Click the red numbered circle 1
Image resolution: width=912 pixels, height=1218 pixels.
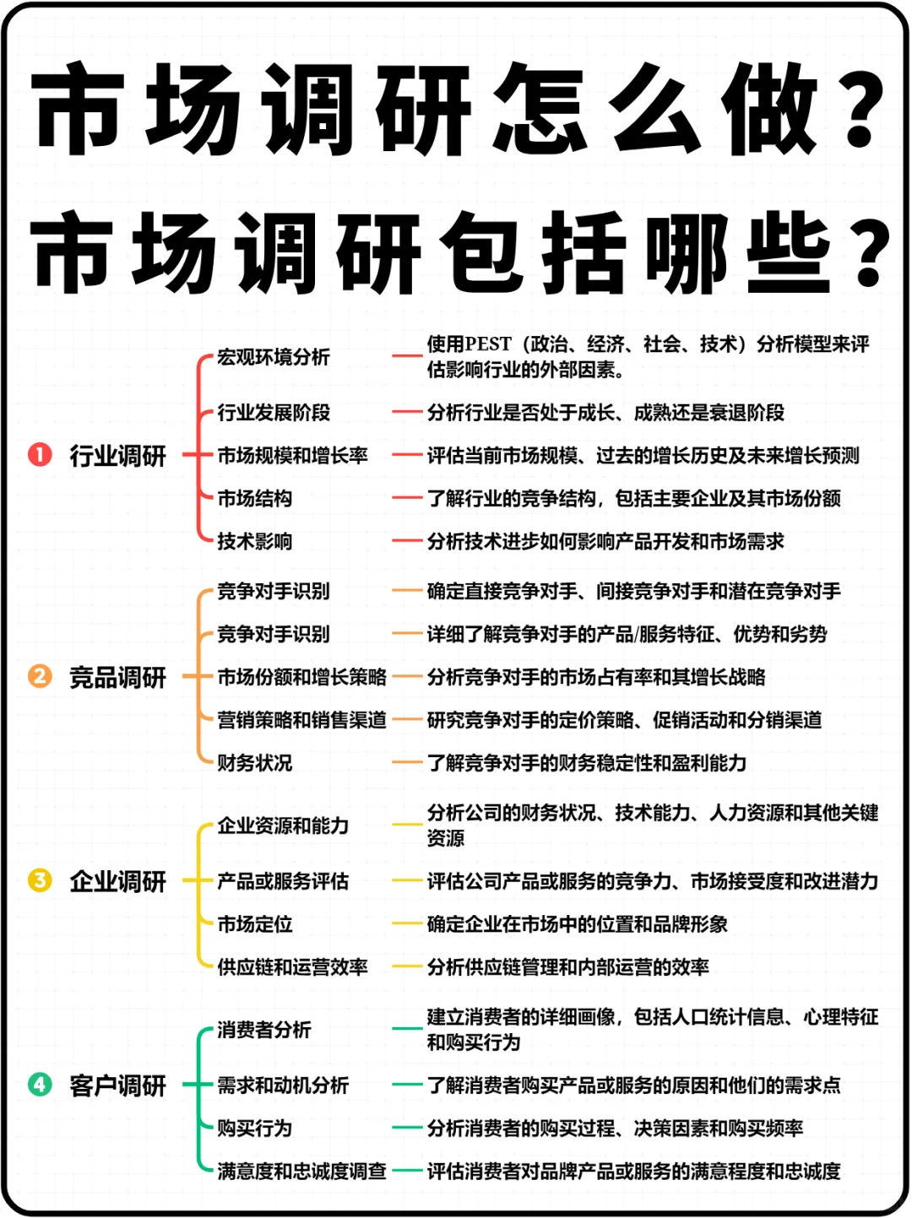(x=40, y=455)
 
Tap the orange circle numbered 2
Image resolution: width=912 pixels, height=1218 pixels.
(x=40, y=676)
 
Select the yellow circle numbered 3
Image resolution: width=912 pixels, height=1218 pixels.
(x=40, y=880)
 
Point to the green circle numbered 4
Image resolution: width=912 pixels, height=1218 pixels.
(x=40, y=1085)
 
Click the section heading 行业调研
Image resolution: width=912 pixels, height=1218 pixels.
(x=117, y=456)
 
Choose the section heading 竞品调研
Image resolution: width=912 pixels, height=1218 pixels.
(x=117, y=677)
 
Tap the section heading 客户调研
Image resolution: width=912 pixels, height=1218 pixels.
(x=117, y=1085)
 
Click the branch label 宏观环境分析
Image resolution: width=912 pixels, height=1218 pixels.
(x=273, y=357)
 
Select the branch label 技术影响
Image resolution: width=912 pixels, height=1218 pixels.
(x=254, y=541)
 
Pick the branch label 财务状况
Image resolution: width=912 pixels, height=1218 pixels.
(x=254, y=763)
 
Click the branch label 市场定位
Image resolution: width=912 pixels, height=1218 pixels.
(x=254, y=924)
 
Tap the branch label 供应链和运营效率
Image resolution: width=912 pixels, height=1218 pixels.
(x=292, y=966)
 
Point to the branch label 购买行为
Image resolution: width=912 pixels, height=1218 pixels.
(x=254, y=1128)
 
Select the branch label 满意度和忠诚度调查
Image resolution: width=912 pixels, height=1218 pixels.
(x=301, y=1171)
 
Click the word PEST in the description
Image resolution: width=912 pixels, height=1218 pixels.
(x=488, y=344)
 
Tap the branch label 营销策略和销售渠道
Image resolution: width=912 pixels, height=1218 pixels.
(x=301, y=720)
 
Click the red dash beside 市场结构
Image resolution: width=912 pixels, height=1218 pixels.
(x=406, y=498)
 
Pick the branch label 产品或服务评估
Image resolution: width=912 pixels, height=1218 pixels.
(x=283, y=881)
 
